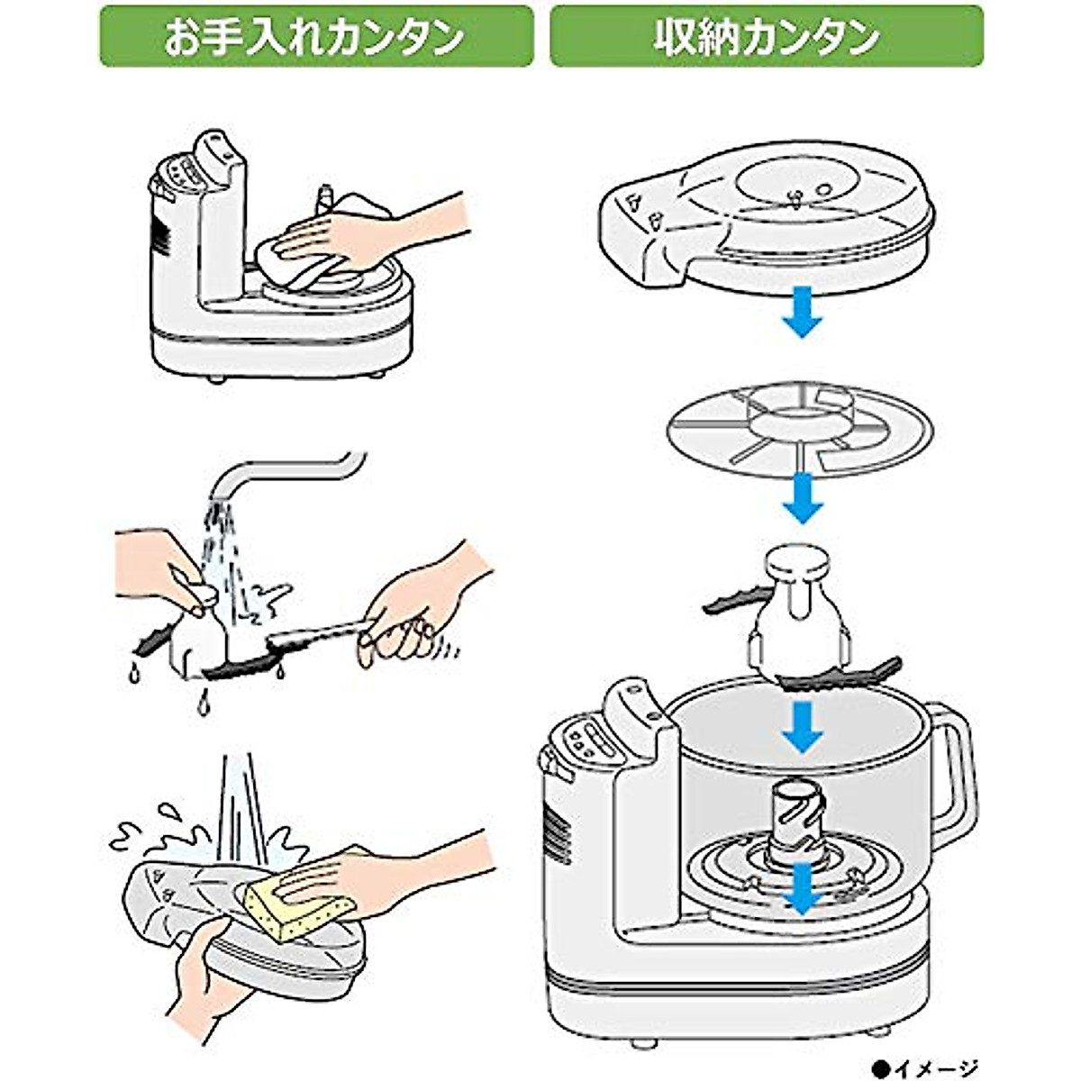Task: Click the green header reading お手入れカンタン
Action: coord(316,36)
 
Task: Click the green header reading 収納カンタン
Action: coord(766,36)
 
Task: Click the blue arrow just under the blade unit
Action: coord(802,730)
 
